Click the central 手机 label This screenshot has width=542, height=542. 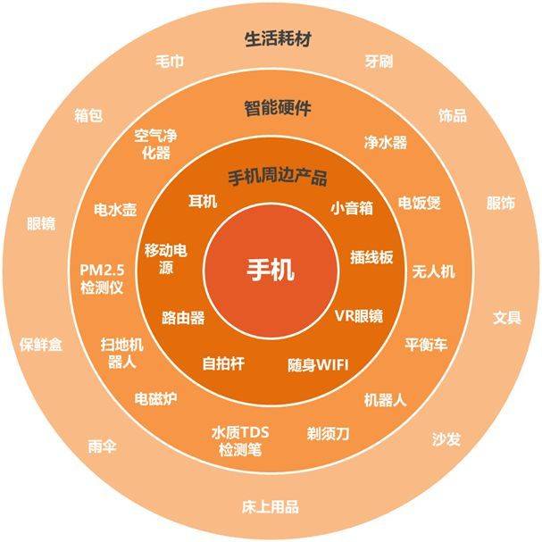271,270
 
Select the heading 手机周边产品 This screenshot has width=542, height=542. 278,177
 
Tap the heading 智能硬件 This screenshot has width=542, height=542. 278,108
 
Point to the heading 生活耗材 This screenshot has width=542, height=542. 278,39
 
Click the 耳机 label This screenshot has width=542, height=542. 203,201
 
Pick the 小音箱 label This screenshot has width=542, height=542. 352,208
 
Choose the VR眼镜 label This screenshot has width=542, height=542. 359,315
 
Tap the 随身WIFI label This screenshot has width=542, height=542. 318,365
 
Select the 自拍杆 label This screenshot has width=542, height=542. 223,363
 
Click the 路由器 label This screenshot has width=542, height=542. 183,318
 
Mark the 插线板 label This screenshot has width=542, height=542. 371,257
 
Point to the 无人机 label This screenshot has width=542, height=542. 433,271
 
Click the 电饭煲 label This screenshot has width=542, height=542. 420,203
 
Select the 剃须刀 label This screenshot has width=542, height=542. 328,433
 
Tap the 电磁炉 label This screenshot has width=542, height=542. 156,399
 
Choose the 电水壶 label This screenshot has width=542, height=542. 115,210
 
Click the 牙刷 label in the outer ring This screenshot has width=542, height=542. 379,62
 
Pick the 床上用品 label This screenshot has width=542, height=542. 271,507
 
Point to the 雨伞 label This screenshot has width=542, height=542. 103,446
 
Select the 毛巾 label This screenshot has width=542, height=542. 170,62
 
